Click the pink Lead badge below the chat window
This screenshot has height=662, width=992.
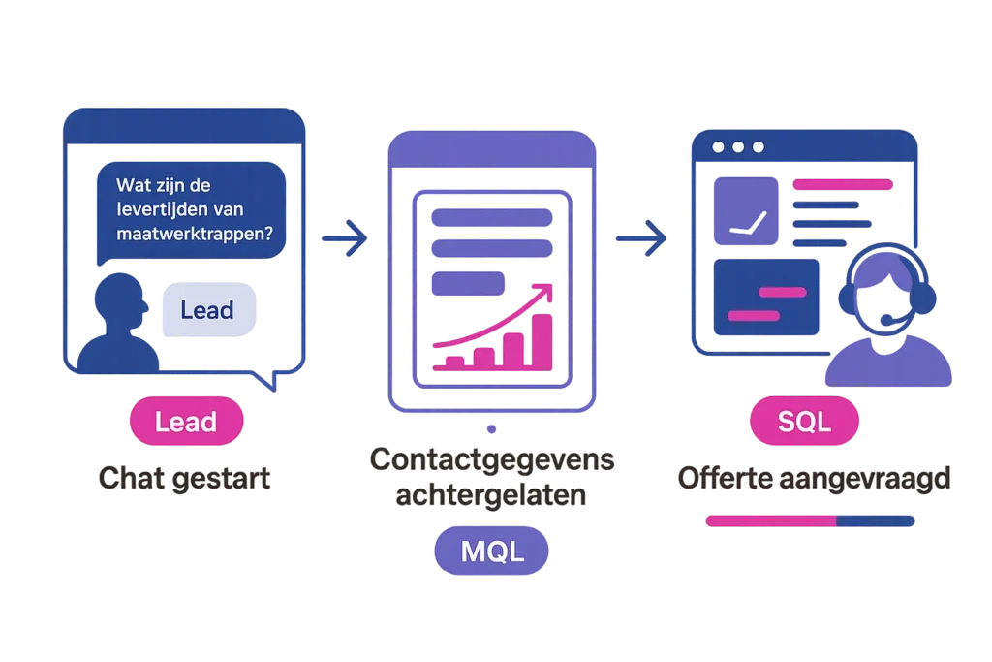click(x=186, y=422)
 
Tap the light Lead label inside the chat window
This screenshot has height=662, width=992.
click(x=207, y=309)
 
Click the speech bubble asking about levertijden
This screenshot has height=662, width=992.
click(x=192, y=208)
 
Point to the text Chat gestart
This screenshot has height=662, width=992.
click(x=185, y=479)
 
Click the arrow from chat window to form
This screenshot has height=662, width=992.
click(x=346, y=236)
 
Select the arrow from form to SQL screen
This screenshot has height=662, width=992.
click(x=640, y=236)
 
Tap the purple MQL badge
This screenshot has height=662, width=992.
click(x=491, y=552)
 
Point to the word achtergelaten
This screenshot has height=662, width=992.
click(x=493, y=495)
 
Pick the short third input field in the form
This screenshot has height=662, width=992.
click(x=467, y=283)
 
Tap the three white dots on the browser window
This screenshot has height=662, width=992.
click(x=738, y=147)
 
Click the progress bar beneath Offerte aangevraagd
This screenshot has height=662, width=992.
click(x=809, y=520)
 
